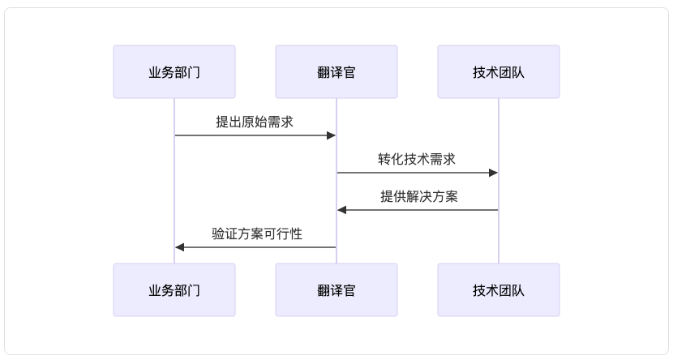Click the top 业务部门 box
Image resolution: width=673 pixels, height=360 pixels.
174,71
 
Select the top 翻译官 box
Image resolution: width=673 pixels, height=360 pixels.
336,71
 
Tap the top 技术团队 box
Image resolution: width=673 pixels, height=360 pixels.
499,71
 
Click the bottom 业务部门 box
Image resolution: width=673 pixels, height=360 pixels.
174,290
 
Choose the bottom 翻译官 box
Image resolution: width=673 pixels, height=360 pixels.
336,290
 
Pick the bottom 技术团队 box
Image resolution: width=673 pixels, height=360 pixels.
499,290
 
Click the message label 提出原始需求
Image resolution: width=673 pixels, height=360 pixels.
255,122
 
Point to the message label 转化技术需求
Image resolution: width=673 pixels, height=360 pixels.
417,159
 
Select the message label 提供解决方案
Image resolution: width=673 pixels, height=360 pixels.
419,196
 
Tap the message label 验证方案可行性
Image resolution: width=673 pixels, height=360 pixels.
257,234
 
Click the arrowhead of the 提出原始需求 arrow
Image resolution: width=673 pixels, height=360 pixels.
331,135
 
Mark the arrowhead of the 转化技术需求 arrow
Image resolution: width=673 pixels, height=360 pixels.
493,173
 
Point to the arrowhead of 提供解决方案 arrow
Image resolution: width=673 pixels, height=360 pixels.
341,210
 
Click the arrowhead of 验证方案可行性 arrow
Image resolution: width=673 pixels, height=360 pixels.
179,247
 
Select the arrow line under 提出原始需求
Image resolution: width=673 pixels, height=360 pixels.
255,135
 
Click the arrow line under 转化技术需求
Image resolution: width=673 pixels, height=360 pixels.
418,173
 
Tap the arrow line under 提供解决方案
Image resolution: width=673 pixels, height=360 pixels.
418,210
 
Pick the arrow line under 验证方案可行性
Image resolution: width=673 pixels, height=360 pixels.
255,247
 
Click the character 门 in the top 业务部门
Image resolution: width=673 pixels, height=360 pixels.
194,72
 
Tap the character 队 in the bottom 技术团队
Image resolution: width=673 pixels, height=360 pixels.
518,290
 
